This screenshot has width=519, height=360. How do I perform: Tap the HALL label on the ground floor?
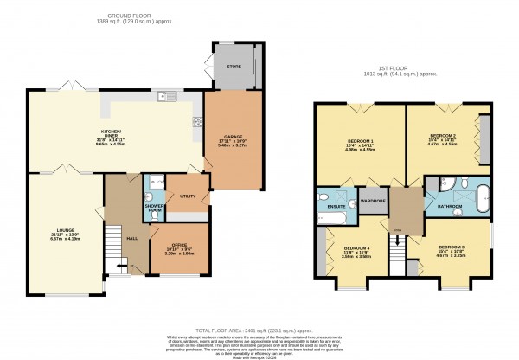click(x=131, y=237)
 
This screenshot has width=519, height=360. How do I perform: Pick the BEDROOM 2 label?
click(x=443, y=136)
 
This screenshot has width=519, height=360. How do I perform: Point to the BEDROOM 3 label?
click(x=450, y=248)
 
